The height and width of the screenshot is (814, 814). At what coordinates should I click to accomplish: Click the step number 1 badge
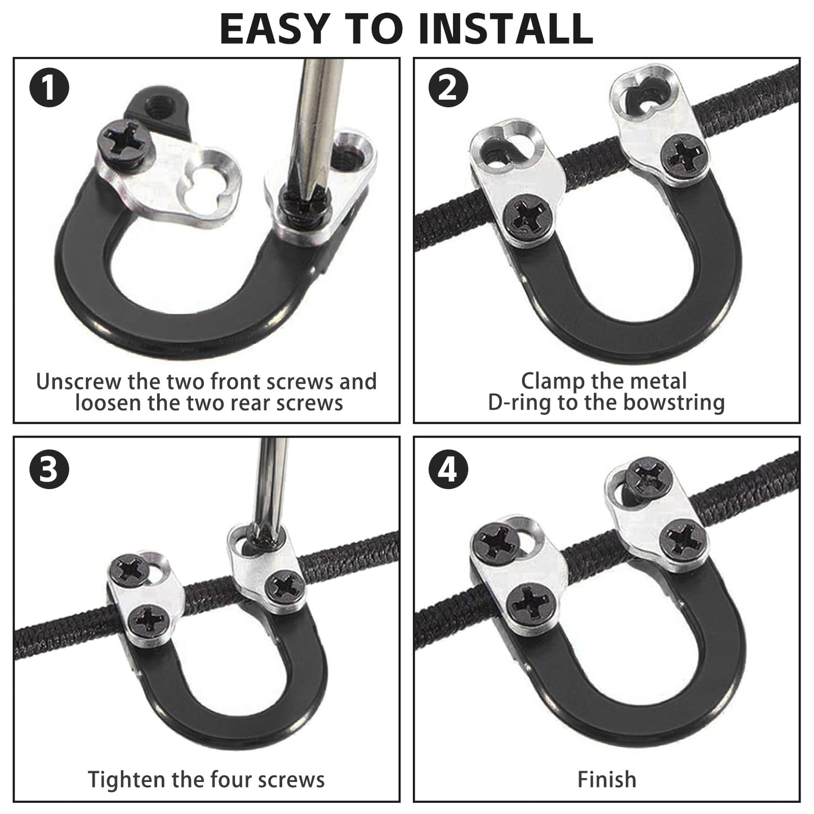pyautogui.click(x=49, y=87)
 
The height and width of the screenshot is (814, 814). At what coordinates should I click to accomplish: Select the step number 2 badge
pyautogui.click(x=448, y=87)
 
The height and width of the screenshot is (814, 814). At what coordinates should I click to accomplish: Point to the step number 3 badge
pyautogui.click(x=49, y=469)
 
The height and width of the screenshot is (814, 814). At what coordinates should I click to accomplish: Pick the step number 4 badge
pyautogui.click(x=448, y=469)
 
